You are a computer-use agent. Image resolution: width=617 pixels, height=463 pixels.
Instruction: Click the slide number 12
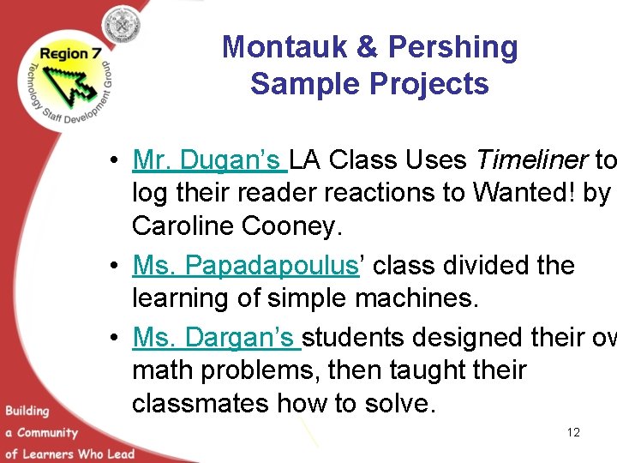(x=573, y=432)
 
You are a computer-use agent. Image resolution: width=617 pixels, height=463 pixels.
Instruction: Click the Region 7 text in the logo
(x=65, y=54)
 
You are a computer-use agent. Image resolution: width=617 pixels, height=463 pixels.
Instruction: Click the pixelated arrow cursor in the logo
(x=72, y=81)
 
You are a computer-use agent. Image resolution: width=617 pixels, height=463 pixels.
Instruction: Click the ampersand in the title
(x=368, y=47)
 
